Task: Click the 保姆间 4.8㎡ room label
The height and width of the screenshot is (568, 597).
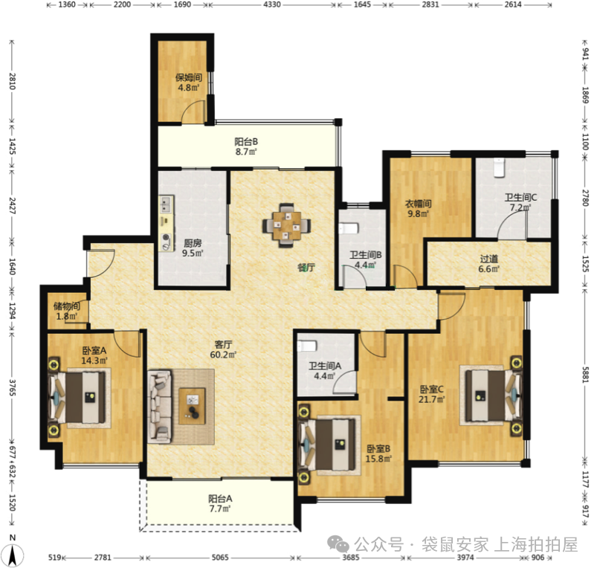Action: [x=188, y=83]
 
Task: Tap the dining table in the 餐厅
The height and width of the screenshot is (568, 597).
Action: [x=286, y=225]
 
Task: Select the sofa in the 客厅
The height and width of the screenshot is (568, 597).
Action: [x=160, y=406]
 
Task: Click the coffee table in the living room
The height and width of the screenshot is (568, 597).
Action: [x=193, y=406]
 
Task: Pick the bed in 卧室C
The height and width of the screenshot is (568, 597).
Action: [x=490, y=396]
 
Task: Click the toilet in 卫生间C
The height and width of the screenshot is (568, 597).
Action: [x=499, y=168]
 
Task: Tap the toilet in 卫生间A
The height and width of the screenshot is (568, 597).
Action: [x=307, y=346]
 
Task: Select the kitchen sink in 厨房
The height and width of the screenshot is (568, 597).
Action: [x=166, y=204]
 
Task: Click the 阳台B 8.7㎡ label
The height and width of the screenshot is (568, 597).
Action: [x=246, y=146]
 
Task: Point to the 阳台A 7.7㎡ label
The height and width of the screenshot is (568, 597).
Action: [x=220, y=503]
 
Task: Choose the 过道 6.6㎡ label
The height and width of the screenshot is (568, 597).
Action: [x=489, y=264]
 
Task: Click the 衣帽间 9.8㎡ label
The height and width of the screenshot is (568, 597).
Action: [x=418, y=209]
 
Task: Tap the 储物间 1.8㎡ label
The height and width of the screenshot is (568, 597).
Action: [x=67, y=311]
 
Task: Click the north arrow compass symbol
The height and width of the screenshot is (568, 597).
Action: [x=13, y=551]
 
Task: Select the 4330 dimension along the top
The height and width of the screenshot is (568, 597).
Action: [x=272, y=4]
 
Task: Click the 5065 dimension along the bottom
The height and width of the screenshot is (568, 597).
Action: [x=220, y=558]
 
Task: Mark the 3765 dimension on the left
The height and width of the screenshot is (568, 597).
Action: [x=12, y=387]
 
